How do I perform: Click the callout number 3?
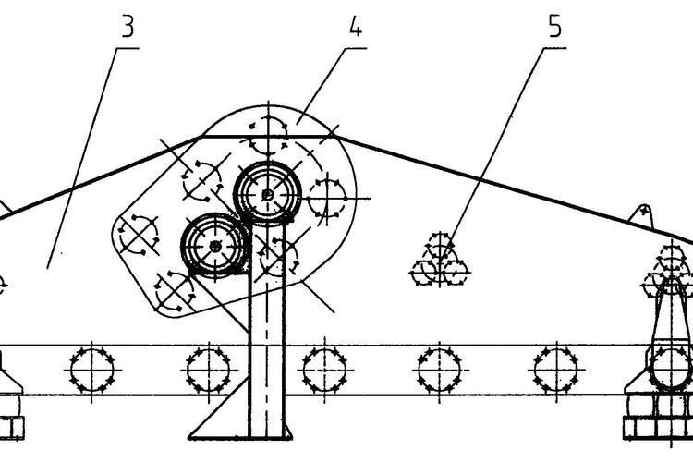[128, 26]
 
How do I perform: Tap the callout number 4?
[356, 26]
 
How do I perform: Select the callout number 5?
[554, 26]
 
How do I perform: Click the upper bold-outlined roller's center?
[267, 194]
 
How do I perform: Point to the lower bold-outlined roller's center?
[214, 246]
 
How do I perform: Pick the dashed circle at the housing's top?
[268, 135]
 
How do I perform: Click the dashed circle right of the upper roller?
[327, 198]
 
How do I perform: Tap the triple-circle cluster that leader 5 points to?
[439, 261]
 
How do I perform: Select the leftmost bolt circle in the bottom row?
[91, 371]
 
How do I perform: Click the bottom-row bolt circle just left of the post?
[208, 371]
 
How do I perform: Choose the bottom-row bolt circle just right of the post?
[325, 371]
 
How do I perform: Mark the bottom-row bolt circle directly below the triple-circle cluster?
[439, 371]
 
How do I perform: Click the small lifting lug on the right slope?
[642, 215]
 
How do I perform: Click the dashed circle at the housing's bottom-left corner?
[175, 292]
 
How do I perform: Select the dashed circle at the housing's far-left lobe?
[140, 235]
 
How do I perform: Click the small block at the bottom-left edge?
[12, 428]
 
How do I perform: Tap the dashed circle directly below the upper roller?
[277, 257]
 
